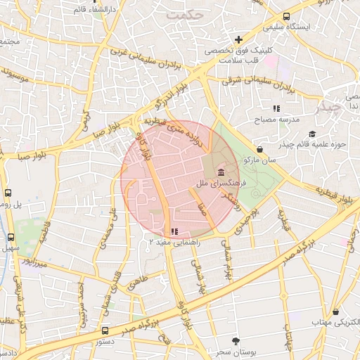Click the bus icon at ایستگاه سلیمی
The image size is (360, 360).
pyautogui.click(x=286, y=16)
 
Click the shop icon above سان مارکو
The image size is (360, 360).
pyautogui.click(x=261, y=149)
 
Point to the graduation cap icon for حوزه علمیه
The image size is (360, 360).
pyautogui.click(x=312, y=134)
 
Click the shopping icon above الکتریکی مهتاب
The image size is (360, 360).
pyautogui.click(x=336, y=311)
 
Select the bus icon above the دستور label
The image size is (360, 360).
pyautogui.click(x=105, y=330)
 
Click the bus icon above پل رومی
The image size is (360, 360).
pyautogui.click(x=8, y=192)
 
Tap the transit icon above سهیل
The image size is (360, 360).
pyautogui.click(x=11, y=237)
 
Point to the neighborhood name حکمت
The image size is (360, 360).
pyautogui.click(x=181, y=14)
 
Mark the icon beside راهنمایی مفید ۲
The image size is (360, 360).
pyautogui.click(x=174, y=231)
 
